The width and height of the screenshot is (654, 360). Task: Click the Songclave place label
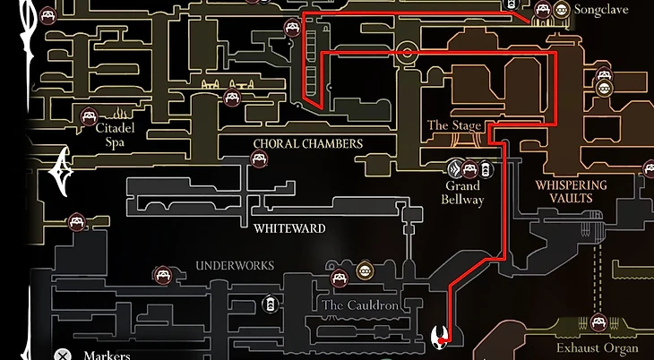(x=601, y=11)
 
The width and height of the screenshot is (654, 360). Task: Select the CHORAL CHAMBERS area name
(x=308, y=143)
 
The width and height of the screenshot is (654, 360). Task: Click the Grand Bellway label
(x=463, y=193)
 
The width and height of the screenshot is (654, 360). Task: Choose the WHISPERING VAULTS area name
(x=571, y=192)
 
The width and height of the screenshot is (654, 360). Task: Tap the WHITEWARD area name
(x=289, y=228)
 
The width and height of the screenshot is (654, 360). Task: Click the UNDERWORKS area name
(x=235, y=266)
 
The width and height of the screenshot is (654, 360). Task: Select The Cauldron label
(x=357, y=304)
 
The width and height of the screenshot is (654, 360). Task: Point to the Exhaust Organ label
(x=598, y=347)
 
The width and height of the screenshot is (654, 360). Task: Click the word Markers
(x=107, y=355)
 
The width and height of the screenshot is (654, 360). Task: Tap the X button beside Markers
(x=62, y=355)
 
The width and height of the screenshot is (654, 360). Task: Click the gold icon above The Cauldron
(x=365, y=270)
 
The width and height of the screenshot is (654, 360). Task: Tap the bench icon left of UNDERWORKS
(x=162, y=273)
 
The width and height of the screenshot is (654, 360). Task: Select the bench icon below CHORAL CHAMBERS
(x=258, y=159)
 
